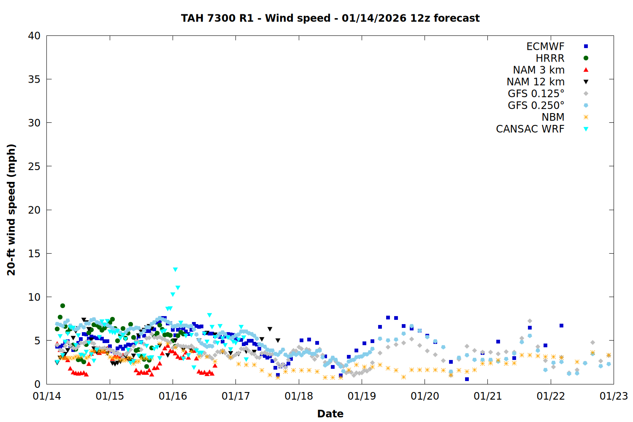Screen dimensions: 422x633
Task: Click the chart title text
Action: [330, 18]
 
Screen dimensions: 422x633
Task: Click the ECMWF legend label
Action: [545, 46]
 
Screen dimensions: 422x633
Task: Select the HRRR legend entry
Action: [550, 58]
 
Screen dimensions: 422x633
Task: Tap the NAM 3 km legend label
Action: [538, 70]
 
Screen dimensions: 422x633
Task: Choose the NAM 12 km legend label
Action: [536, 82]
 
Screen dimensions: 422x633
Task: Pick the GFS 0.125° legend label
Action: [536, 94]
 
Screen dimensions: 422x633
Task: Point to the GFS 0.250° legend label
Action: [536, 105]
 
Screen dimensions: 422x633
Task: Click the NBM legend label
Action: [553, 117]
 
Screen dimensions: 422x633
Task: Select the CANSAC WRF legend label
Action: [530, 129]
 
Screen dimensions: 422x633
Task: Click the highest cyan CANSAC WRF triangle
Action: [175, 270]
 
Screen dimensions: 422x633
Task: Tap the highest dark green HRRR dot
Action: [62, 306]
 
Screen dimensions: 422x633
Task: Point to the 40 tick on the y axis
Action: [34, 36]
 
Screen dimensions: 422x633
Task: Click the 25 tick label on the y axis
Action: [34, 166]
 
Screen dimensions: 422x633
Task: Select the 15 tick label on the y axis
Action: [34, 253]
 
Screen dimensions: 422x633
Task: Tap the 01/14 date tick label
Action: [47, 396]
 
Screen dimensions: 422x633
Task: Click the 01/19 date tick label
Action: [362, 396]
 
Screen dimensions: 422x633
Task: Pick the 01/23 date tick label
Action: [614, 396]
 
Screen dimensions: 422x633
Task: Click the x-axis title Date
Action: [330, 414]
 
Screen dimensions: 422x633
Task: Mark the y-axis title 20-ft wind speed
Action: [11, 210]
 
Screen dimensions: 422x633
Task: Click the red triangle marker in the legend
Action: [586, 70]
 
